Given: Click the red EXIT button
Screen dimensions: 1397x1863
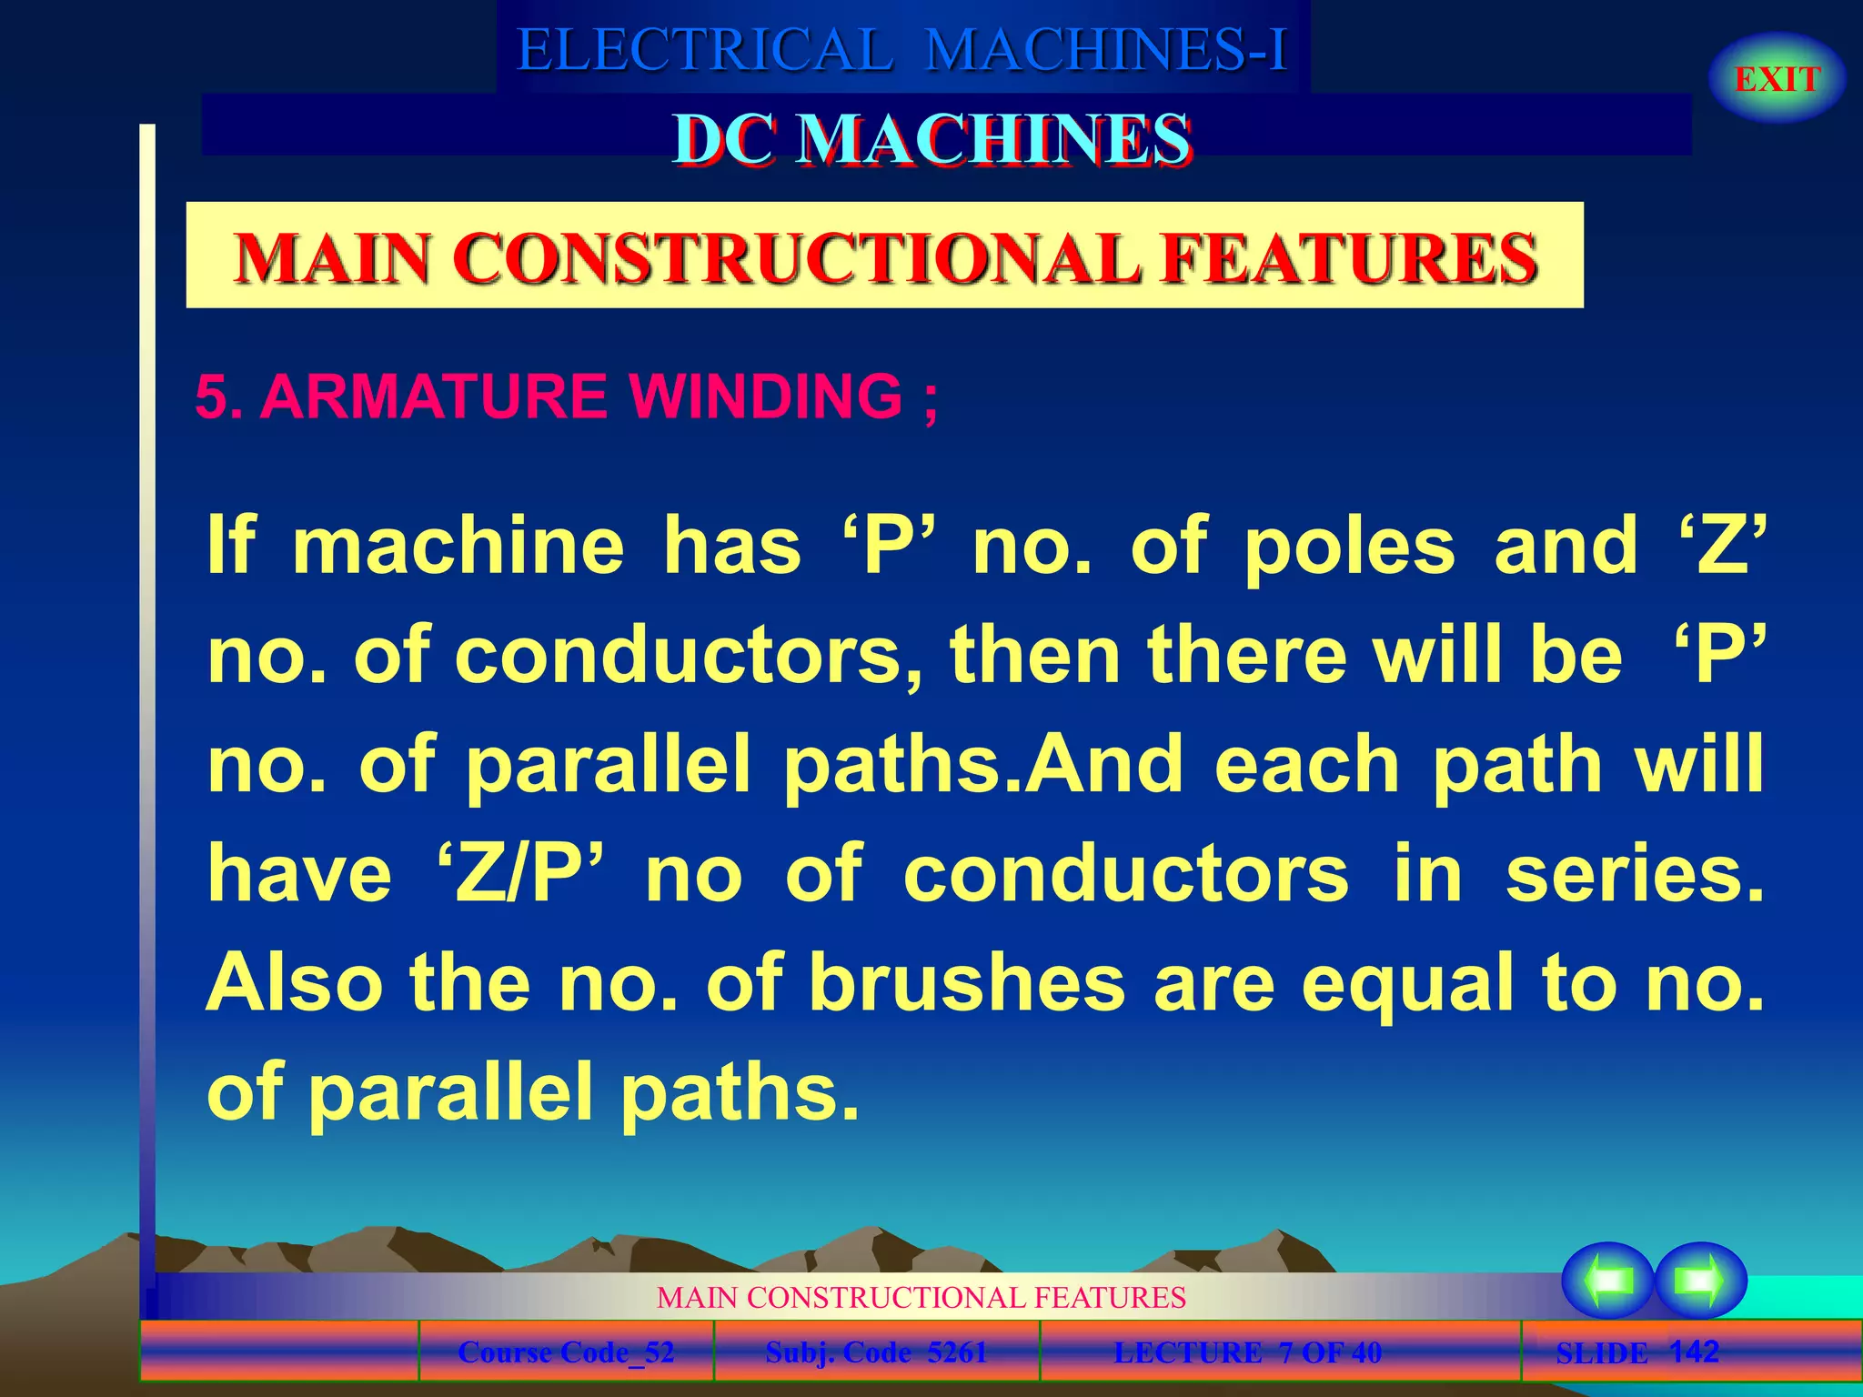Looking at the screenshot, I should point(1777,79).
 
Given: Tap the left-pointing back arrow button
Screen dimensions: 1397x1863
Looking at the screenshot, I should point(1607,1281).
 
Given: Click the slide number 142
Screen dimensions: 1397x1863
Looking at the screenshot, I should point(1694,1351).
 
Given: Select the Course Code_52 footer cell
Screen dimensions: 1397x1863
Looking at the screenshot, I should point(566,1352).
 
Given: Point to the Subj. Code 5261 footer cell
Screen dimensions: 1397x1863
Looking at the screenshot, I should point(876,1352).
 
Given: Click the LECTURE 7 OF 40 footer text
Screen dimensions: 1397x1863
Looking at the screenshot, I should point(1247,1352).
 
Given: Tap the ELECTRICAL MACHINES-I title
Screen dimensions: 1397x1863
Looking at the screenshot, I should point(901,49).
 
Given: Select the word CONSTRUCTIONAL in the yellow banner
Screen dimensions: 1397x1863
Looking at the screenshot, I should point(794,258).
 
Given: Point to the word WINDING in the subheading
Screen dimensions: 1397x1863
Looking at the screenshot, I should point(765,397).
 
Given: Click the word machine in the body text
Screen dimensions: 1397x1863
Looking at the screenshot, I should point(458,546).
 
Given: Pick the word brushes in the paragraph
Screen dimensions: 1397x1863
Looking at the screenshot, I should point(967,983).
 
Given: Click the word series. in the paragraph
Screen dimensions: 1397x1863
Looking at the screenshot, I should point(1634,874).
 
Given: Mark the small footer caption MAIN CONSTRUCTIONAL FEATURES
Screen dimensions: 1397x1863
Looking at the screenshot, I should point(921,1297).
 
